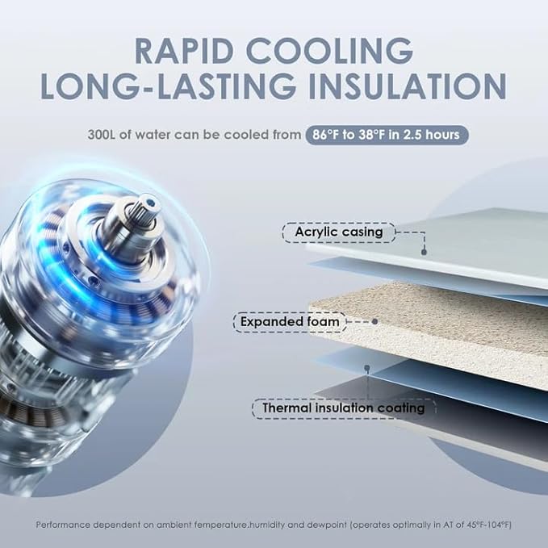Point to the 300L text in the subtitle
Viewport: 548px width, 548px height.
105,135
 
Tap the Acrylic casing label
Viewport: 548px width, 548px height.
338,233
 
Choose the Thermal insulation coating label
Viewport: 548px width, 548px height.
343,408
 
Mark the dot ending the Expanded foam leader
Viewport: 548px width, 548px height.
374,321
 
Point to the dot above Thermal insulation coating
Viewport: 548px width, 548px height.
367,368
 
